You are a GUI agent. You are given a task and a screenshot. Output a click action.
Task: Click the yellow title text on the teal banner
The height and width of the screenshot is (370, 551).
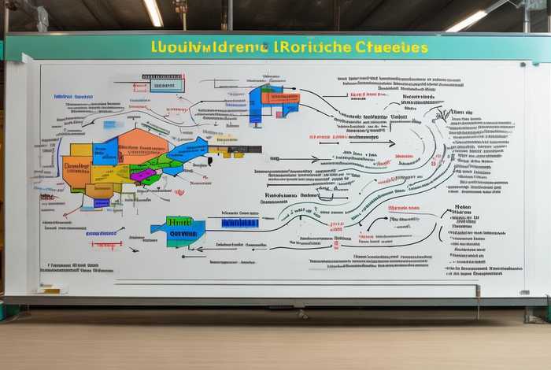click(x=290, y=47)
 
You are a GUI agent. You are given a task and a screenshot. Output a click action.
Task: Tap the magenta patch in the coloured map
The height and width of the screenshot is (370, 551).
click(x=142, y=175)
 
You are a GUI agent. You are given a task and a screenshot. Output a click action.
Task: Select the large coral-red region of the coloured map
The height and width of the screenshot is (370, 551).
click(x=142, y=146)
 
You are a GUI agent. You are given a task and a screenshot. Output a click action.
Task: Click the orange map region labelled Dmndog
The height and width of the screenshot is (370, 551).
click(x=76, y=168)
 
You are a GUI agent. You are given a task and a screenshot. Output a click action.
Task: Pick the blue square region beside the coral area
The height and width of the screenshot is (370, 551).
click(x=105, y=151)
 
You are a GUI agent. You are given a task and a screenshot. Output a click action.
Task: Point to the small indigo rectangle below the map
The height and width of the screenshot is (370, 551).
click(x=102, y=203)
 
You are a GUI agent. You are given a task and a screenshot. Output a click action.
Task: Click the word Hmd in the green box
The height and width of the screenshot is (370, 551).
click(x=180, y=222)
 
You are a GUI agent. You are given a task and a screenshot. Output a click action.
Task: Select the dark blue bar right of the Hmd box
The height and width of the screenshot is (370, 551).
click(x=239, y=223)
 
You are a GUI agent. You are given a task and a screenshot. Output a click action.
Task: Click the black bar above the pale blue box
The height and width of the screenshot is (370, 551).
click(x=162, y=76)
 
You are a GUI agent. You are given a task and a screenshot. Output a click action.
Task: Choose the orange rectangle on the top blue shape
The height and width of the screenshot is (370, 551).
click(x=280, y=98)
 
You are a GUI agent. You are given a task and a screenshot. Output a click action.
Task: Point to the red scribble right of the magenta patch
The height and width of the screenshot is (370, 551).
click(x=179, y=192)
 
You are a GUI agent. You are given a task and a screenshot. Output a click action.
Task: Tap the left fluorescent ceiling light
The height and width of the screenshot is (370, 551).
click(x=153, y=12)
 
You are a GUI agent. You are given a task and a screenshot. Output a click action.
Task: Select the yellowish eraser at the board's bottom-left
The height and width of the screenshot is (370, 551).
click(x=52, y=290)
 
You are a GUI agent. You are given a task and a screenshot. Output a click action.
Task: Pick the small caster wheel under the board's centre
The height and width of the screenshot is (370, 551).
click(x=302, y=313)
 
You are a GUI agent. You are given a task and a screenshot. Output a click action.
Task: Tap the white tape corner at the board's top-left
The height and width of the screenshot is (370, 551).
click(x=11, y=67)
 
